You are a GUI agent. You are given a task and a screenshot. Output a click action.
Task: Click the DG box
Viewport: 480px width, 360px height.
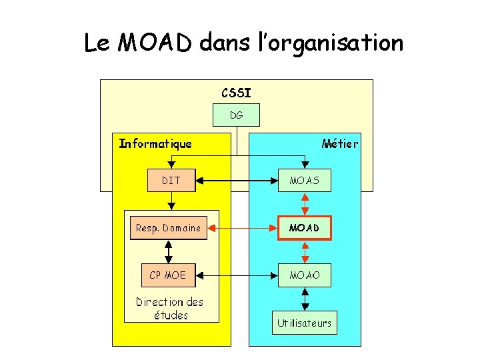[236, 115]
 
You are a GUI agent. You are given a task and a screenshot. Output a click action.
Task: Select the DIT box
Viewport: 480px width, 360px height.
[171, 180]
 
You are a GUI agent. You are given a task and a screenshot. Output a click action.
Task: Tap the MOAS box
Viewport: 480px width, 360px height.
[305, 180]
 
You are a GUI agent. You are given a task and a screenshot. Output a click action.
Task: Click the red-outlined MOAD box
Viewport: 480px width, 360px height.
[305, 228]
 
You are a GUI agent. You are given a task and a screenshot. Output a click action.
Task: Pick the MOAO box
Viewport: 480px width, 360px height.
[305, 275]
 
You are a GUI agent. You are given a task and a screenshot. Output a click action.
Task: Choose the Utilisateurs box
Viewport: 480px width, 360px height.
[304, 323]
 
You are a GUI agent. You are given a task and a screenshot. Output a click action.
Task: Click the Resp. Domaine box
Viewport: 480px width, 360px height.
[168, 228]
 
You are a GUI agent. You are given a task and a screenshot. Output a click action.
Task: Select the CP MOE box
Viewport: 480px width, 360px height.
[168, 275]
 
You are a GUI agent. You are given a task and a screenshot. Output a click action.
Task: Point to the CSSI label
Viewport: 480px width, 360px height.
[236, 91]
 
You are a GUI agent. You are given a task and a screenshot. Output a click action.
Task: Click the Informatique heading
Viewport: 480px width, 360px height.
[155, 143]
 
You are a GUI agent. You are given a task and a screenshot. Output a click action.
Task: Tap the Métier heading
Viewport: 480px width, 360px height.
[339, 143]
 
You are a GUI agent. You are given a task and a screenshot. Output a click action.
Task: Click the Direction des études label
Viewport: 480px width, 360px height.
[170, 308]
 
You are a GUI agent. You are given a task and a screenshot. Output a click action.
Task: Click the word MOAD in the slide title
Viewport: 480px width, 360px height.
[156, 43]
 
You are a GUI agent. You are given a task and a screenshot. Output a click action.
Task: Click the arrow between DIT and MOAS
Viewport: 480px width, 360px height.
[237, 180]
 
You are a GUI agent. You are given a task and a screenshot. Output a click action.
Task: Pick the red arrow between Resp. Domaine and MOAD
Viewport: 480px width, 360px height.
[242, 228]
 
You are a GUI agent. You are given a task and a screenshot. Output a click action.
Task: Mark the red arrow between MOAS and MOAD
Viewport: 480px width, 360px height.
[305, 204]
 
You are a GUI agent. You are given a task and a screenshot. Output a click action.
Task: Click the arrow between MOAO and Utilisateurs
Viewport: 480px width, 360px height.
[305, 299]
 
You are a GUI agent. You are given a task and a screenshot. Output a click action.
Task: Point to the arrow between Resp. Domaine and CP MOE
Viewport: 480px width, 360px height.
[169, 251]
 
